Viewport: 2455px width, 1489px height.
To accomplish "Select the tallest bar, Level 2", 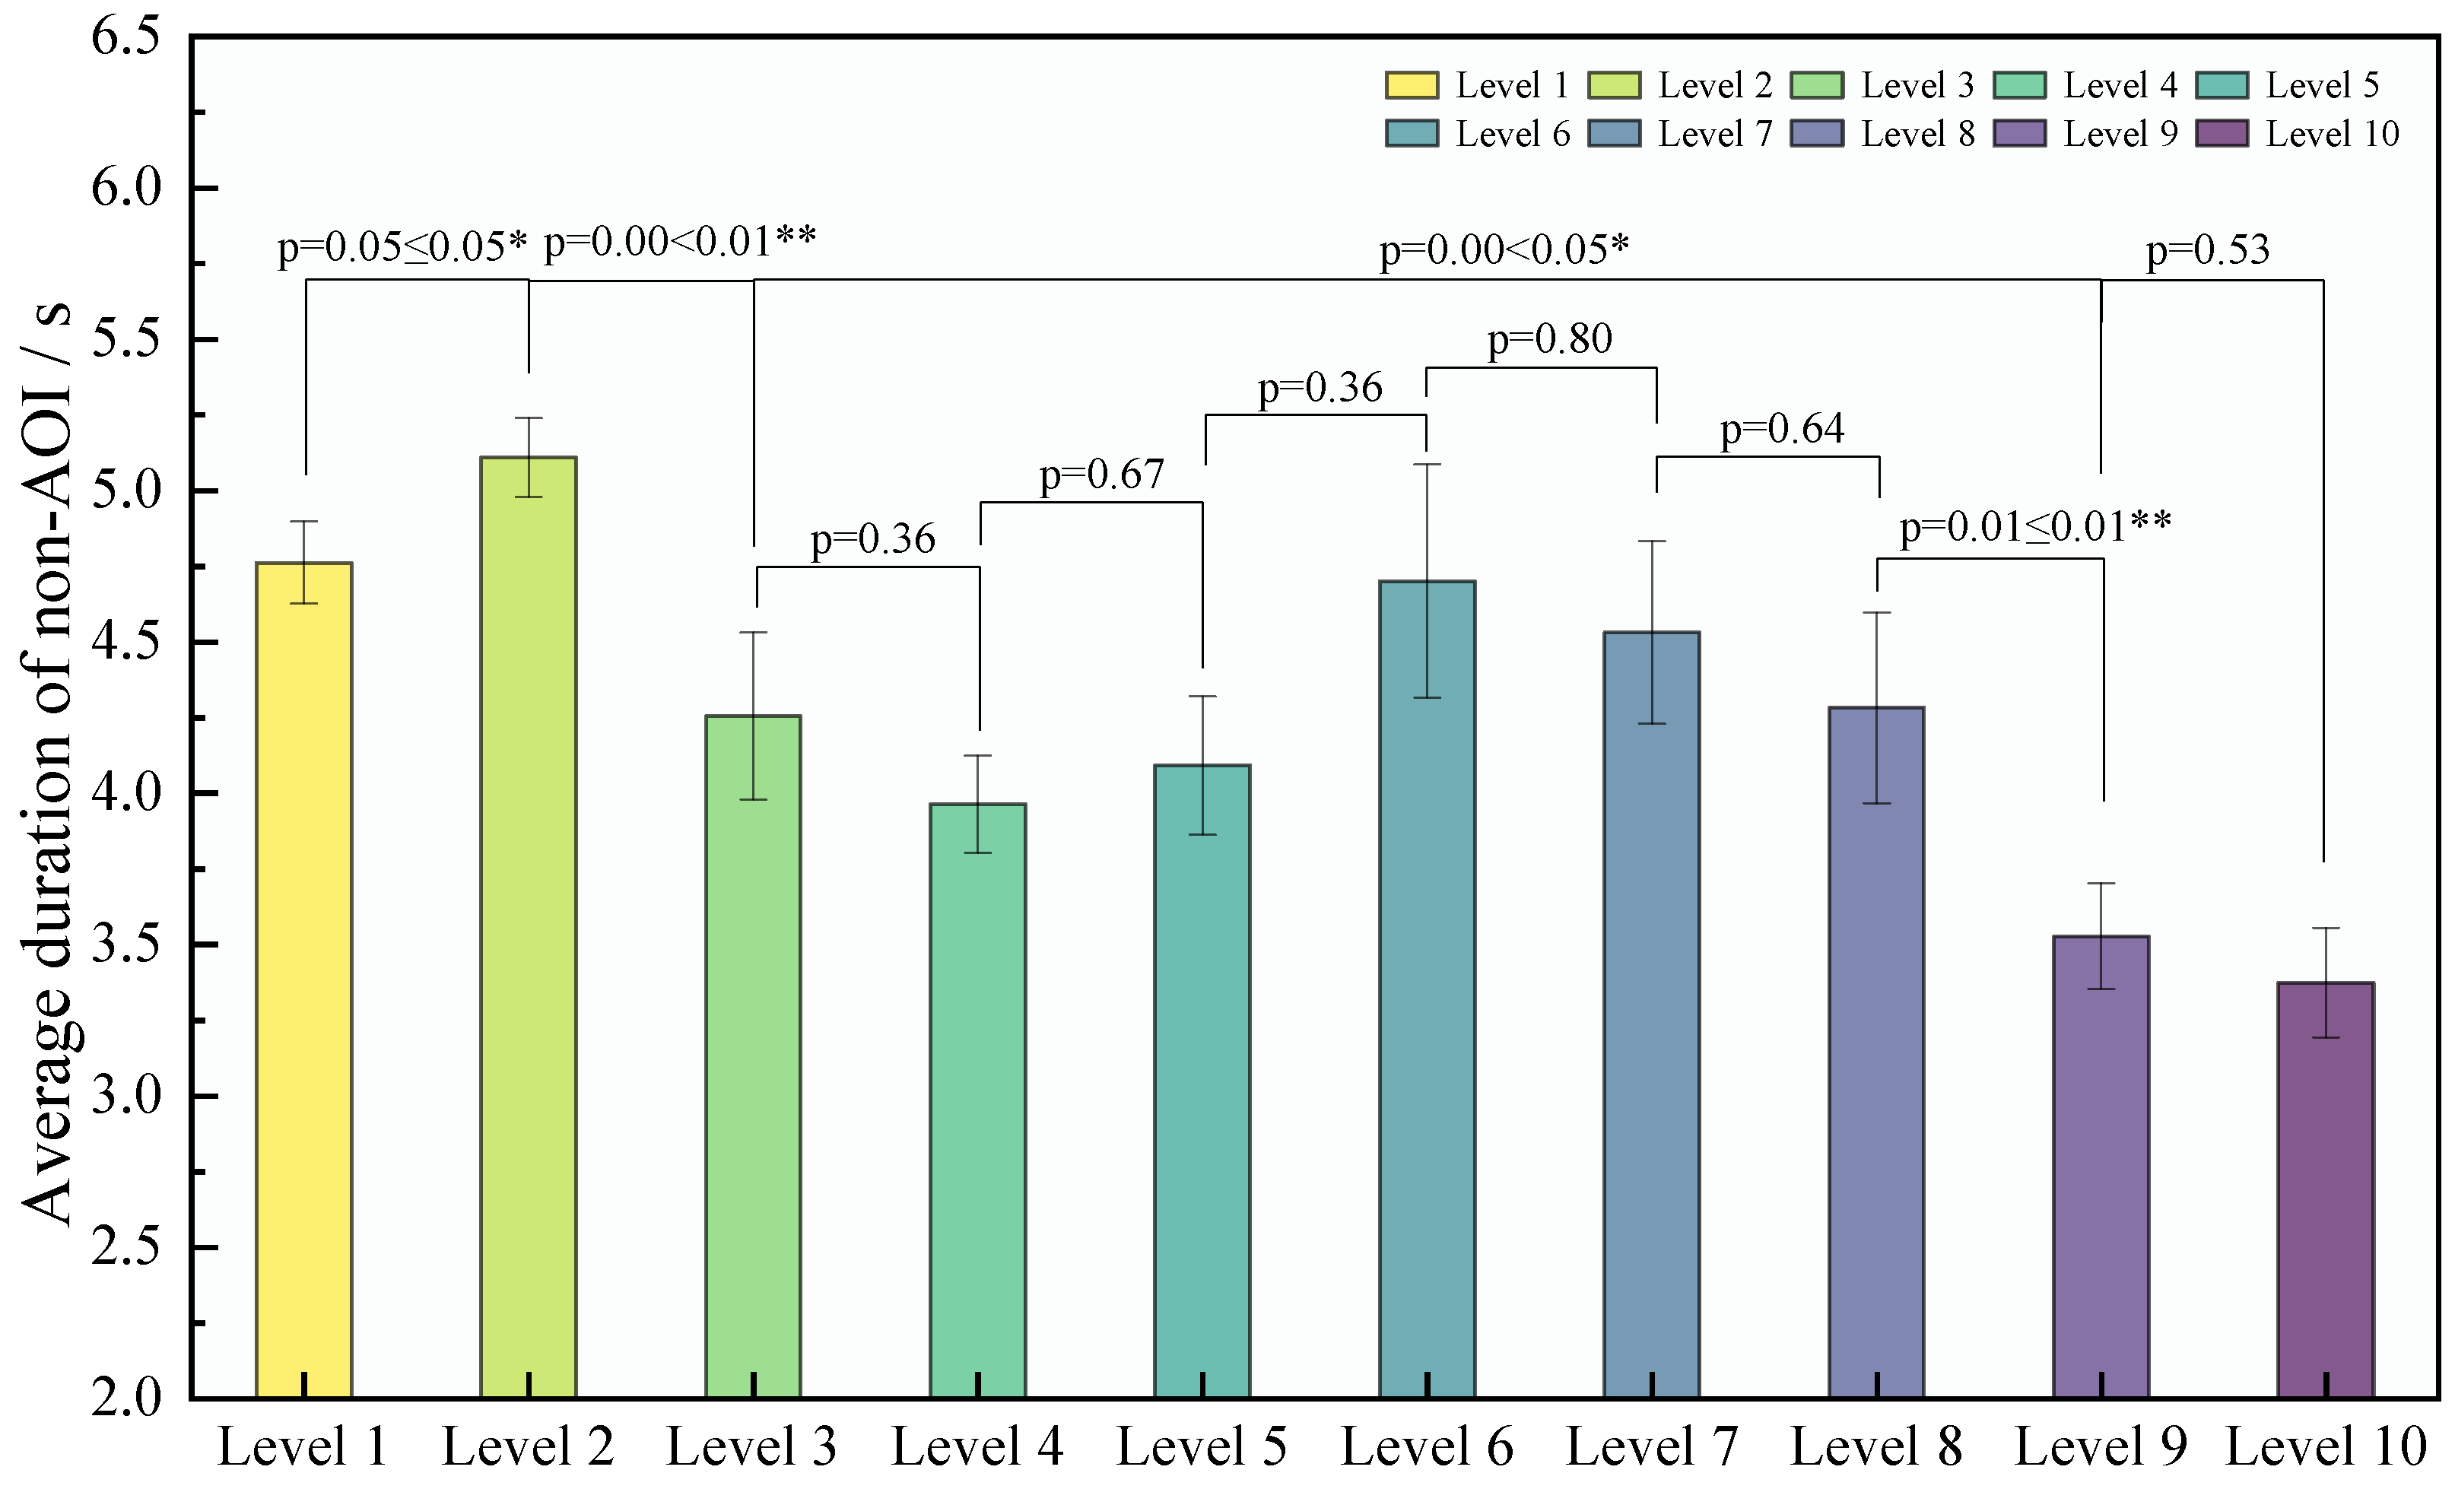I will coord(528,926).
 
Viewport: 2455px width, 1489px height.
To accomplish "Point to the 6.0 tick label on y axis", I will coord(126,187).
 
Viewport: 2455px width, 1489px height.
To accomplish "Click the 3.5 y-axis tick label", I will coord(126,945).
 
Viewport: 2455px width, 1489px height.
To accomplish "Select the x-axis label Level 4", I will coord(977,1446).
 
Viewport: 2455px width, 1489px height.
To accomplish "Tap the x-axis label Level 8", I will coord(1876,1446).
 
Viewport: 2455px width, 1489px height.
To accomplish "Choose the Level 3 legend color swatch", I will coord(1816,84).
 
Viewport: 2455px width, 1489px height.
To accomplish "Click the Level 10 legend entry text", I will coord(2332,133).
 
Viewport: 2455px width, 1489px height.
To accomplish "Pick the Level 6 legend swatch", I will coord(1412,133).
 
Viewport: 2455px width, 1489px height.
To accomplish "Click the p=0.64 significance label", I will coord(1781,429).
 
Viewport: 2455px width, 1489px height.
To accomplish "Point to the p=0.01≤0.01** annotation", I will coord(2034,526).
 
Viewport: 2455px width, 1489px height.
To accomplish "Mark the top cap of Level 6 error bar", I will coord(1427,464).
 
